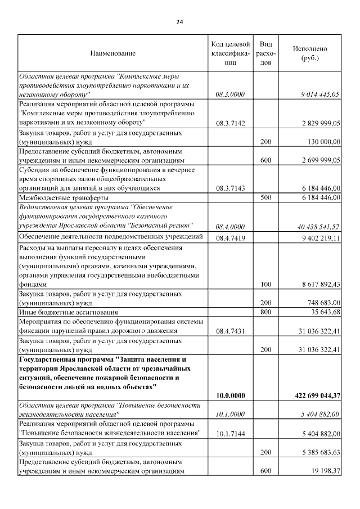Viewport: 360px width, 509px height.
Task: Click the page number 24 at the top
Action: (x=179, y=22)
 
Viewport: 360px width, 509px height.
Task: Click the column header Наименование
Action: (x=112, y=53)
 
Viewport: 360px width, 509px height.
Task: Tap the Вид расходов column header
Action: (x=267, y=53)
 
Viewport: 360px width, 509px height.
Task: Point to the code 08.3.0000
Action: (x=230, y=94)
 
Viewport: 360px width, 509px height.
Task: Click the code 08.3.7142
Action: (x=230, y=122)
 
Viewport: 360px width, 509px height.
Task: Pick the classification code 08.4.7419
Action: (x=230, y=238)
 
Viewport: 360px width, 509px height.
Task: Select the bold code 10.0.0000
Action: (x=230, y=396)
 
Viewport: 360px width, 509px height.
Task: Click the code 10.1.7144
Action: (x=230, y=434)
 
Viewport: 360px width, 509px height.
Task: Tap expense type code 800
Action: (x=266, y=312)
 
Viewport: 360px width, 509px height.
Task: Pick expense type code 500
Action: (x=266, y=198)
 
